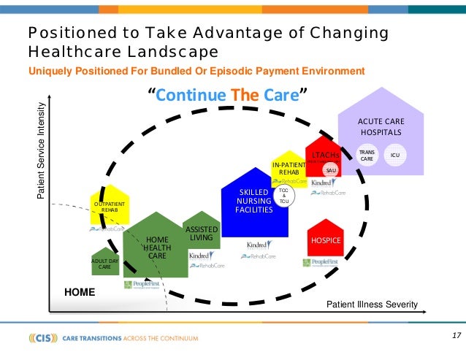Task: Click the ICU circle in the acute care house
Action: pyautogui.click(x=394, y=156)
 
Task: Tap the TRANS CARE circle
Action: pyautogui.click(x=367, y=156)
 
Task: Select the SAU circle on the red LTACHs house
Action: pyautogui.click(x=331, y=170)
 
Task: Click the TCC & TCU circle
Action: pyautogui.click(x=284, y=196)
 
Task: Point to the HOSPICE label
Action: pyautogui.click(x=325, y=240)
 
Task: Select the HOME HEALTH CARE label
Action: pyautogui.click(x=157, y=248)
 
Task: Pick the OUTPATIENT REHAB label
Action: pyautogui.click(x=109, y=207)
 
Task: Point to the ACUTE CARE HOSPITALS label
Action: pyautogui.click(x=381, y=126)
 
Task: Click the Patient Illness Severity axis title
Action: pyautogui.click(x=371, y=304)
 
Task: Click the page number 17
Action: pyautogui.click(x=456, y=335)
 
